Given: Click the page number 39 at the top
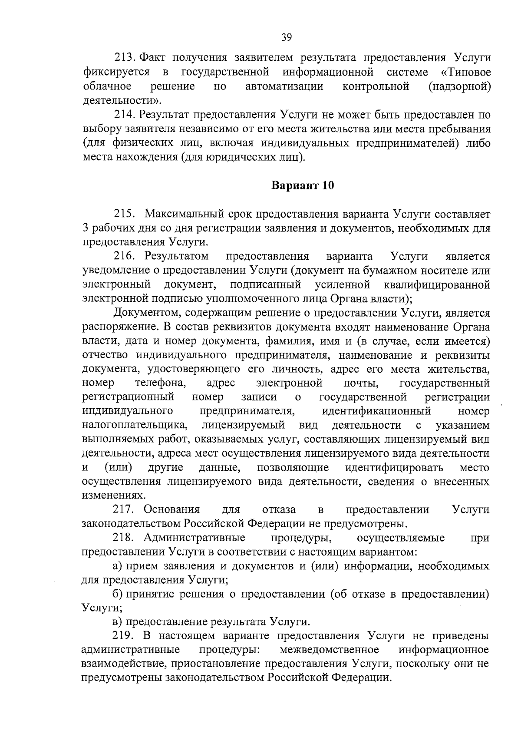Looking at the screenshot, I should pos(286,37).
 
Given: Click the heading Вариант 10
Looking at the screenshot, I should pos(303,186).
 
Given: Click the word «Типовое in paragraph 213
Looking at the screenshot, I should pos(466,72).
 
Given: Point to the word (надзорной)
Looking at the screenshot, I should pos(459,86).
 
